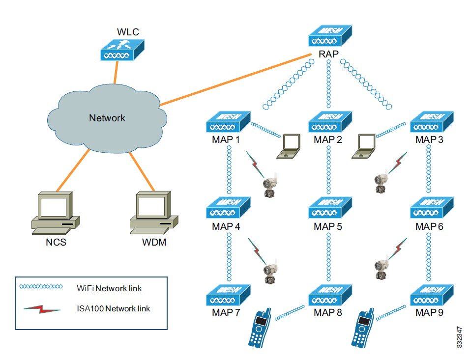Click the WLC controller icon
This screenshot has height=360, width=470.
tap(122, 50)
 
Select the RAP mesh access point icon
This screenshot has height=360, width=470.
tap(330, 37)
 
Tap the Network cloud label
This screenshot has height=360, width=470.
tap(107, 118)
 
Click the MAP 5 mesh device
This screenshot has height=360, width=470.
tap(330, 208)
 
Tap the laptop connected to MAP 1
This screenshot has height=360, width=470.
tap(289, 146)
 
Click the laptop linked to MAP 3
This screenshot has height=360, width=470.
tap(365, 146)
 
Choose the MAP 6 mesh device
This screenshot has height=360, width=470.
tap(431, 208)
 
